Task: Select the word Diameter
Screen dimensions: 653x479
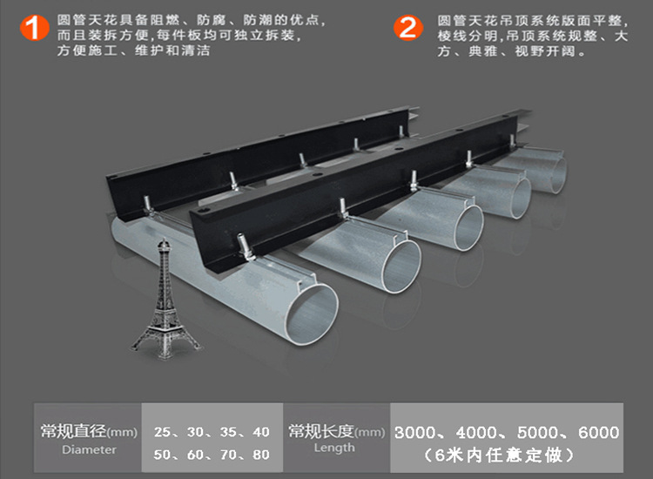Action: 89,449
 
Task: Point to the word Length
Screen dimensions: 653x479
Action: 334,448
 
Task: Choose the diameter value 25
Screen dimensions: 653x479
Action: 162,432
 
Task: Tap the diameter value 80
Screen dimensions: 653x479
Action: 260,455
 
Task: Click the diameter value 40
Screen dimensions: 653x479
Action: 260,432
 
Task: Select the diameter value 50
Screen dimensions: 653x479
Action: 162,455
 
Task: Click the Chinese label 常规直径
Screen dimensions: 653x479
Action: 73,431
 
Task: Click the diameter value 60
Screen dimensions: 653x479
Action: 195,455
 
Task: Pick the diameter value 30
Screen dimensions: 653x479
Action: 195,432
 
